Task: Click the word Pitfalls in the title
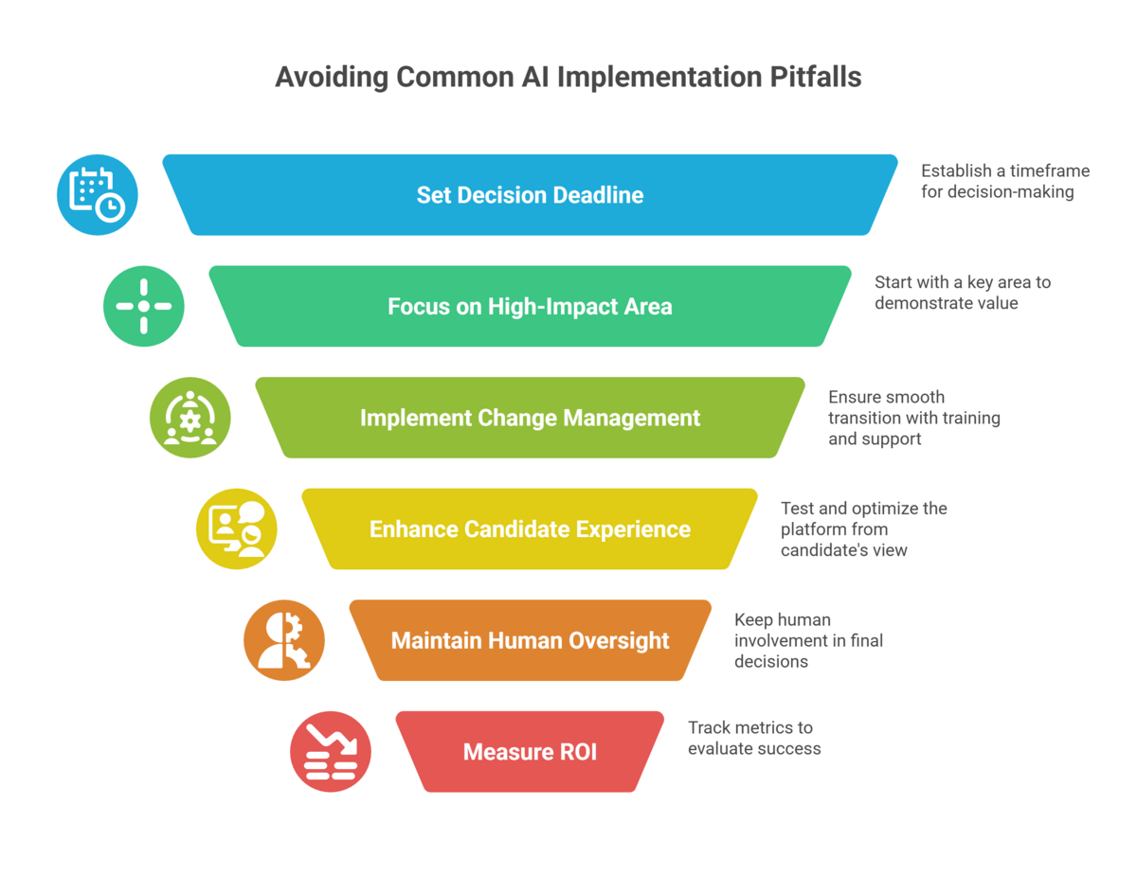815,78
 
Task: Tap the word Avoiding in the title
332,78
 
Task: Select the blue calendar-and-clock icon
98,194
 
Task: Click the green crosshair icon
144,306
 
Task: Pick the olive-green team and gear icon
189,418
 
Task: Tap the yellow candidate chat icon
237,528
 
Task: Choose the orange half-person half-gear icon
284,640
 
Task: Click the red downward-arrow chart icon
331,751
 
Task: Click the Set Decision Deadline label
530,195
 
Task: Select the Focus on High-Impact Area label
530,307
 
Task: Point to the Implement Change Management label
530,418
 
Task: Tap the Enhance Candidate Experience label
530,529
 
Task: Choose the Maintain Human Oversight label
530,640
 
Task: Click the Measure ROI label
530,752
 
